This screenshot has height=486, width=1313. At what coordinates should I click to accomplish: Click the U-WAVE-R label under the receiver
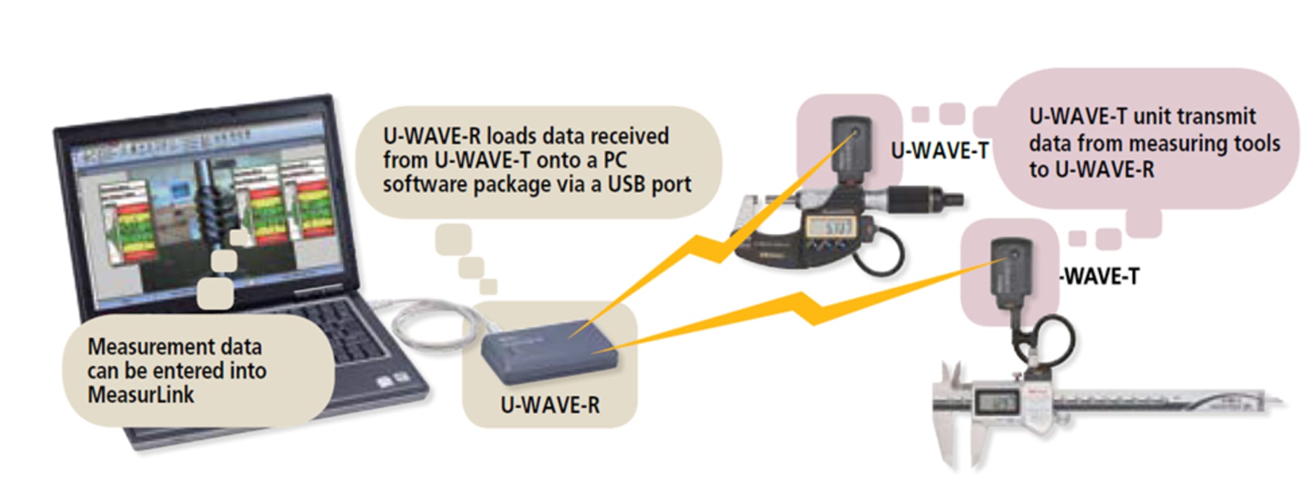pos(550,404)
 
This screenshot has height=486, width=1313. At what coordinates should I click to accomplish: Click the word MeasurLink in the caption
pos(141,395)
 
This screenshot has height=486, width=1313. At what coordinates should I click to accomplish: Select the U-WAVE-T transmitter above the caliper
pos(1011,273)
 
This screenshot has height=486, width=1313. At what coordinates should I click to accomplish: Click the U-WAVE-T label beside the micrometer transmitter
pos(939,151)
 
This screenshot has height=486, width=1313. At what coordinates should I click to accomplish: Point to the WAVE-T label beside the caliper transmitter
pos(1100,277)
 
